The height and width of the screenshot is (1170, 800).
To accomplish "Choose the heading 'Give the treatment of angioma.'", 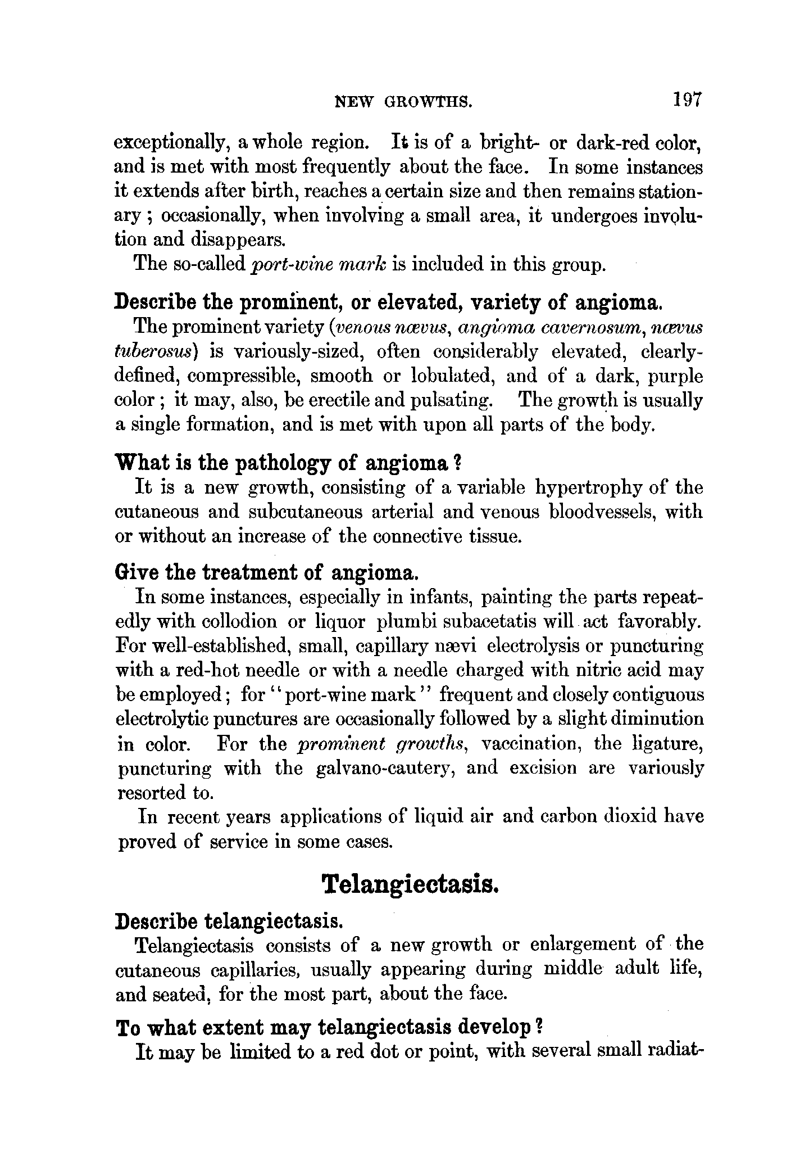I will point(266,573).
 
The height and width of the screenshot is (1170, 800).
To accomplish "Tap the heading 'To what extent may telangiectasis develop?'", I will point(329,1028).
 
